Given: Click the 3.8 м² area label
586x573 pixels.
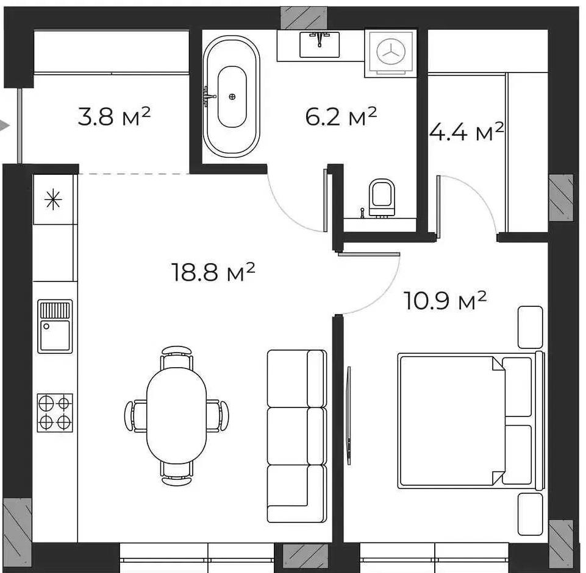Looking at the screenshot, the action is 114,116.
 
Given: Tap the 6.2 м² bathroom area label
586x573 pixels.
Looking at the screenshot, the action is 341,116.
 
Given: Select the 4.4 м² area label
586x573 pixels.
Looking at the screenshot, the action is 466,132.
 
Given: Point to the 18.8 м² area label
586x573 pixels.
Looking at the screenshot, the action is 213,272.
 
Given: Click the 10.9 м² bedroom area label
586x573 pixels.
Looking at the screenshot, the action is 445,300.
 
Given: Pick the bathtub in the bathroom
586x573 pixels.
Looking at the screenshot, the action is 231,97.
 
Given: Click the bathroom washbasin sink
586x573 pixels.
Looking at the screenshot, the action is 320,44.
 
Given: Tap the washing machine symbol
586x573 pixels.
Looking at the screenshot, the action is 390,53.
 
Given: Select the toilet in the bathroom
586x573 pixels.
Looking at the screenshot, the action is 382,198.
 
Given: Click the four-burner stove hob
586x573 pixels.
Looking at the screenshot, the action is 55,412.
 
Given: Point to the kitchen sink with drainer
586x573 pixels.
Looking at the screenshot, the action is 55,326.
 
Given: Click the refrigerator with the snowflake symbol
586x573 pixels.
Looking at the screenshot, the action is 53,199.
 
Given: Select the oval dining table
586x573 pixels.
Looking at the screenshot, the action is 176,415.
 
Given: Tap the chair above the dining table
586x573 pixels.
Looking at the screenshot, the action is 177,356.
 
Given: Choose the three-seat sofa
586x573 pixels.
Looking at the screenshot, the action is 297,436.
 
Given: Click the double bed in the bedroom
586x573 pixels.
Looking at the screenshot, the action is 471,421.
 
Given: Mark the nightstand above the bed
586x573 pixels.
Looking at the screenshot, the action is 530,328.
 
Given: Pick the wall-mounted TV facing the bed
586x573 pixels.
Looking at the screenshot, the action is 349,415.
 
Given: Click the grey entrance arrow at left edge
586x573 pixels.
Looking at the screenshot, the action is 4,126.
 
